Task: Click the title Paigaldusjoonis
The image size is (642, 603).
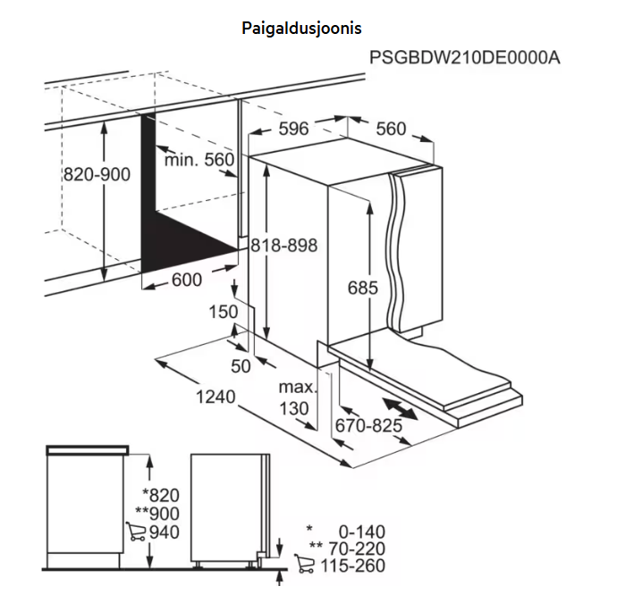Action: click(x=301, y=29)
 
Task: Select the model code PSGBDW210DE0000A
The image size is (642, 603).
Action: click(x=464, y=58)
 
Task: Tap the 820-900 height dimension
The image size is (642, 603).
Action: click(x=97, y=175)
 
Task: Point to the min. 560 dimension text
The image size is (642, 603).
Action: click(x=199, y=160)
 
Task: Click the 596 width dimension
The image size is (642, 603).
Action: click(x=293, y=129)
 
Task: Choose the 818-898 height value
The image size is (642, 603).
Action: click(x=283, y=246)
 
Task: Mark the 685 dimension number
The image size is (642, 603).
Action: click(x=362, y=288)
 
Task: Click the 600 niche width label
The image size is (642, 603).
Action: click(x=187, y=280)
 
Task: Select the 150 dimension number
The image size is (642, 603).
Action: click(x=224, y=312)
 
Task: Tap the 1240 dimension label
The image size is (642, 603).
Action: click(x=215, y=397)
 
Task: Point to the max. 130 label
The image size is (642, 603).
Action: click(x=297, y=398)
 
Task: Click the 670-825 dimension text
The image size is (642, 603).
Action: click(x=368, y=426)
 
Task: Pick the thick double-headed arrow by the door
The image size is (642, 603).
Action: click(x=400, y=408)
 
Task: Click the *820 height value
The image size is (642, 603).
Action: click(x=161, y=496)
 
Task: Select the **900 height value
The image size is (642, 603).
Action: click(x=157, y=514)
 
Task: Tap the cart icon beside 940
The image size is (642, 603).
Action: click(x=136, y=532)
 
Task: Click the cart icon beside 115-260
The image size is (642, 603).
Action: click(x=304, y=564)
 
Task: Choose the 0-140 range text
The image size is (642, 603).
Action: click(x=362, y=532)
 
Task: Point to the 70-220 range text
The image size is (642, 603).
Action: click(x=357, y=549)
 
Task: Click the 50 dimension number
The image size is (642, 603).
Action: click(x=241, y=366)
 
